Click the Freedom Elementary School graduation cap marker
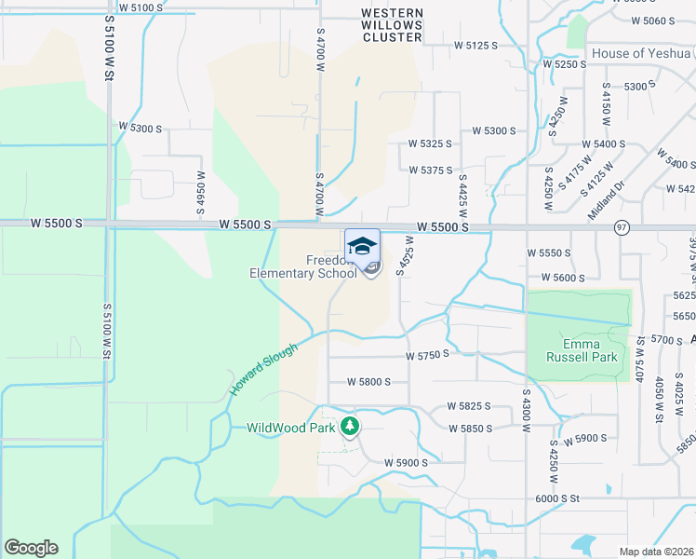click(362, 246)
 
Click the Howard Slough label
click(263, 369)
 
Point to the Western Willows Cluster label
click(392, 25)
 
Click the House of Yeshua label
click(643, 53)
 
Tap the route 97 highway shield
click(621, 227)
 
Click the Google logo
click(31, 548)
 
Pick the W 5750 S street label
click(427, 354)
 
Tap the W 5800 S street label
click(368, 382)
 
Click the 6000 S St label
click(556, 498)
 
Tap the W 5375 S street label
click(430, 170)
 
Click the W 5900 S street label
click(406, 463)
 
